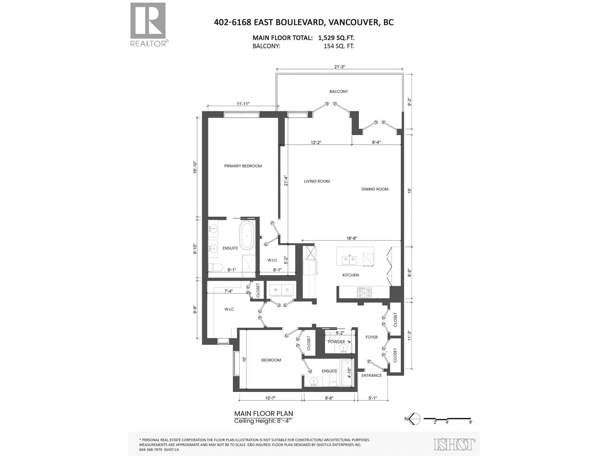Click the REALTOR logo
148,25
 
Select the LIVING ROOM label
317,181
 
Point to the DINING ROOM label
375,189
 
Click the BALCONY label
339,92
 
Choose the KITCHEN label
350,275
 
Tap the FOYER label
371,337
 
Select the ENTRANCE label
371,375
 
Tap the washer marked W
275,290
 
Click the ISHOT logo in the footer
454,444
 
